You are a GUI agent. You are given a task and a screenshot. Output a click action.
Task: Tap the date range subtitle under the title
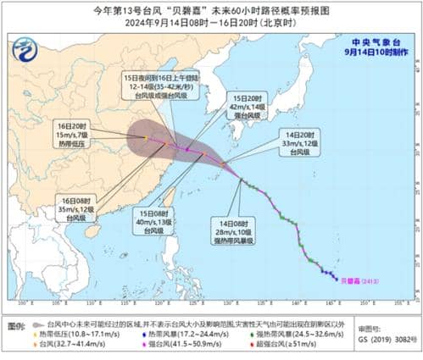[x=212, y=24]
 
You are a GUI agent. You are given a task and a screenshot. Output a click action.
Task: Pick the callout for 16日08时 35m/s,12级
[x=64, y=208]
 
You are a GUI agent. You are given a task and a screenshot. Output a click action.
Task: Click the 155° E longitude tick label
[x=395, y=302]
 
